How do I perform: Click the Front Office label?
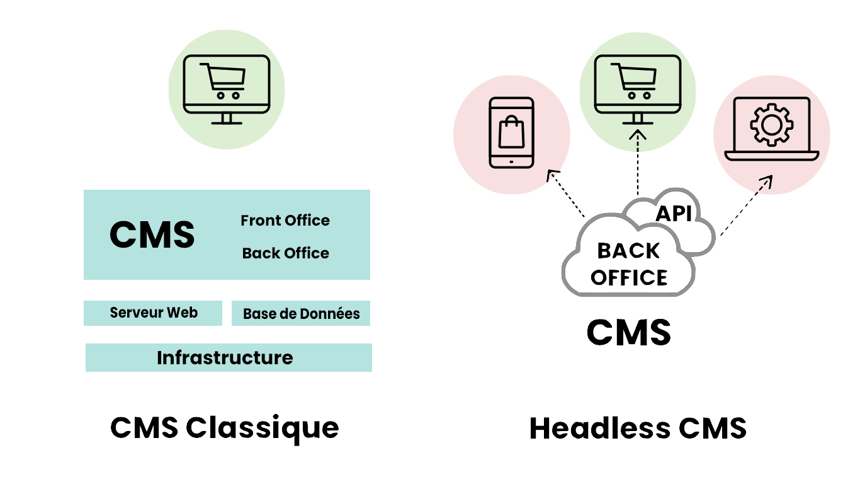pos(285,221)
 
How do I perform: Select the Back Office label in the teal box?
pos(285,253)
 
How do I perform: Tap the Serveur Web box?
pos(153,313)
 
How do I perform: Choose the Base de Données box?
pos(300,313)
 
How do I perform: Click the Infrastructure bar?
pos(229,357)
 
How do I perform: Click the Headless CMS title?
pos(638,428)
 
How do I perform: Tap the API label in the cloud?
pos(674,214)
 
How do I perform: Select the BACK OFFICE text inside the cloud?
pos(629,264)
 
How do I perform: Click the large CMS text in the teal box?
pos(152,234)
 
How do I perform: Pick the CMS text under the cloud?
pos(629,332)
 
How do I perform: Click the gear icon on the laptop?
pos(772,125)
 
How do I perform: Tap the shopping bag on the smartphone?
pos(511,132)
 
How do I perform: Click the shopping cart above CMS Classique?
pos(223,81)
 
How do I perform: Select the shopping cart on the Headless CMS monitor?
pos(634,81)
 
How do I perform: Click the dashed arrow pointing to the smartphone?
pos(566,193)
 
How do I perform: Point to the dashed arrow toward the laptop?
pos(746,205)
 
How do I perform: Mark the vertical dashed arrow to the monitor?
pos(638,163)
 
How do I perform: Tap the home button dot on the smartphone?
pos(511,162)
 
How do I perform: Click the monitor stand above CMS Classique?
pos(227,118)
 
